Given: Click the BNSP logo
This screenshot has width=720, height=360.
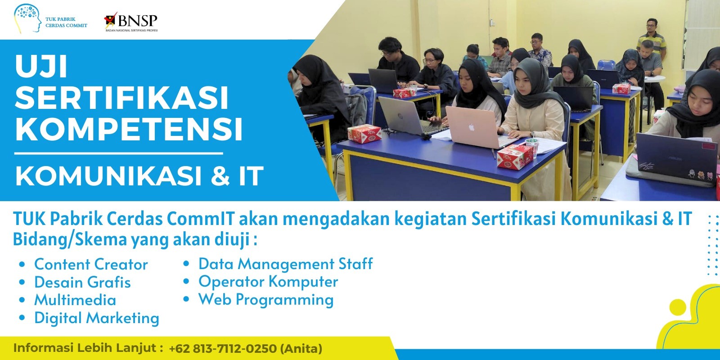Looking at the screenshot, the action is coord(131,22).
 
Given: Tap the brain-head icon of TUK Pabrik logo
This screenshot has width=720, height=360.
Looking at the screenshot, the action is coord(27,18).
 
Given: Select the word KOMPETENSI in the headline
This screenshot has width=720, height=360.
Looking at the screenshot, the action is coord(129,129).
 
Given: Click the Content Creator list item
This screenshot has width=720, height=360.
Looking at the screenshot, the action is coord(91,265).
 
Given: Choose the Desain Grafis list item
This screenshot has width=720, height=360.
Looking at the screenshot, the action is coord(82,283).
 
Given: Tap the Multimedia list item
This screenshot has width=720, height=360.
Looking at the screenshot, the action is coord(75,300).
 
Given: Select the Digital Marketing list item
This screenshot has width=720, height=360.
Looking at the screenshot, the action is coord(96,318).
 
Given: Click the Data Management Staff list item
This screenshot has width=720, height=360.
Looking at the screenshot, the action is coord(285,264).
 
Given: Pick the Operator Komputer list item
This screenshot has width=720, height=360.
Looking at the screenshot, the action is coord(268,282).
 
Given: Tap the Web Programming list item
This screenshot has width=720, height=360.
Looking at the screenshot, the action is coord(266,300).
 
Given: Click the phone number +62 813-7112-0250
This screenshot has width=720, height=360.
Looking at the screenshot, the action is coord(222,348).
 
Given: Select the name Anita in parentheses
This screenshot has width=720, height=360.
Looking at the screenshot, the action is coord(301,348).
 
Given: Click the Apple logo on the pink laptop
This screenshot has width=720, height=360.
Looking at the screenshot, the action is coord(472,128).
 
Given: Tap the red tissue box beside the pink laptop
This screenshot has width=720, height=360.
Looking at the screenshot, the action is coord(515,157).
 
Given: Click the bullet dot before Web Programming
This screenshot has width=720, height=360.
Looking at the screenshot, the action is coord(186,300).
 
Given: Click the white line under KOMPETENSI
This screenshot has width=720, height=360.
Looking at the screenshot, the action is coord(119,153).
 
